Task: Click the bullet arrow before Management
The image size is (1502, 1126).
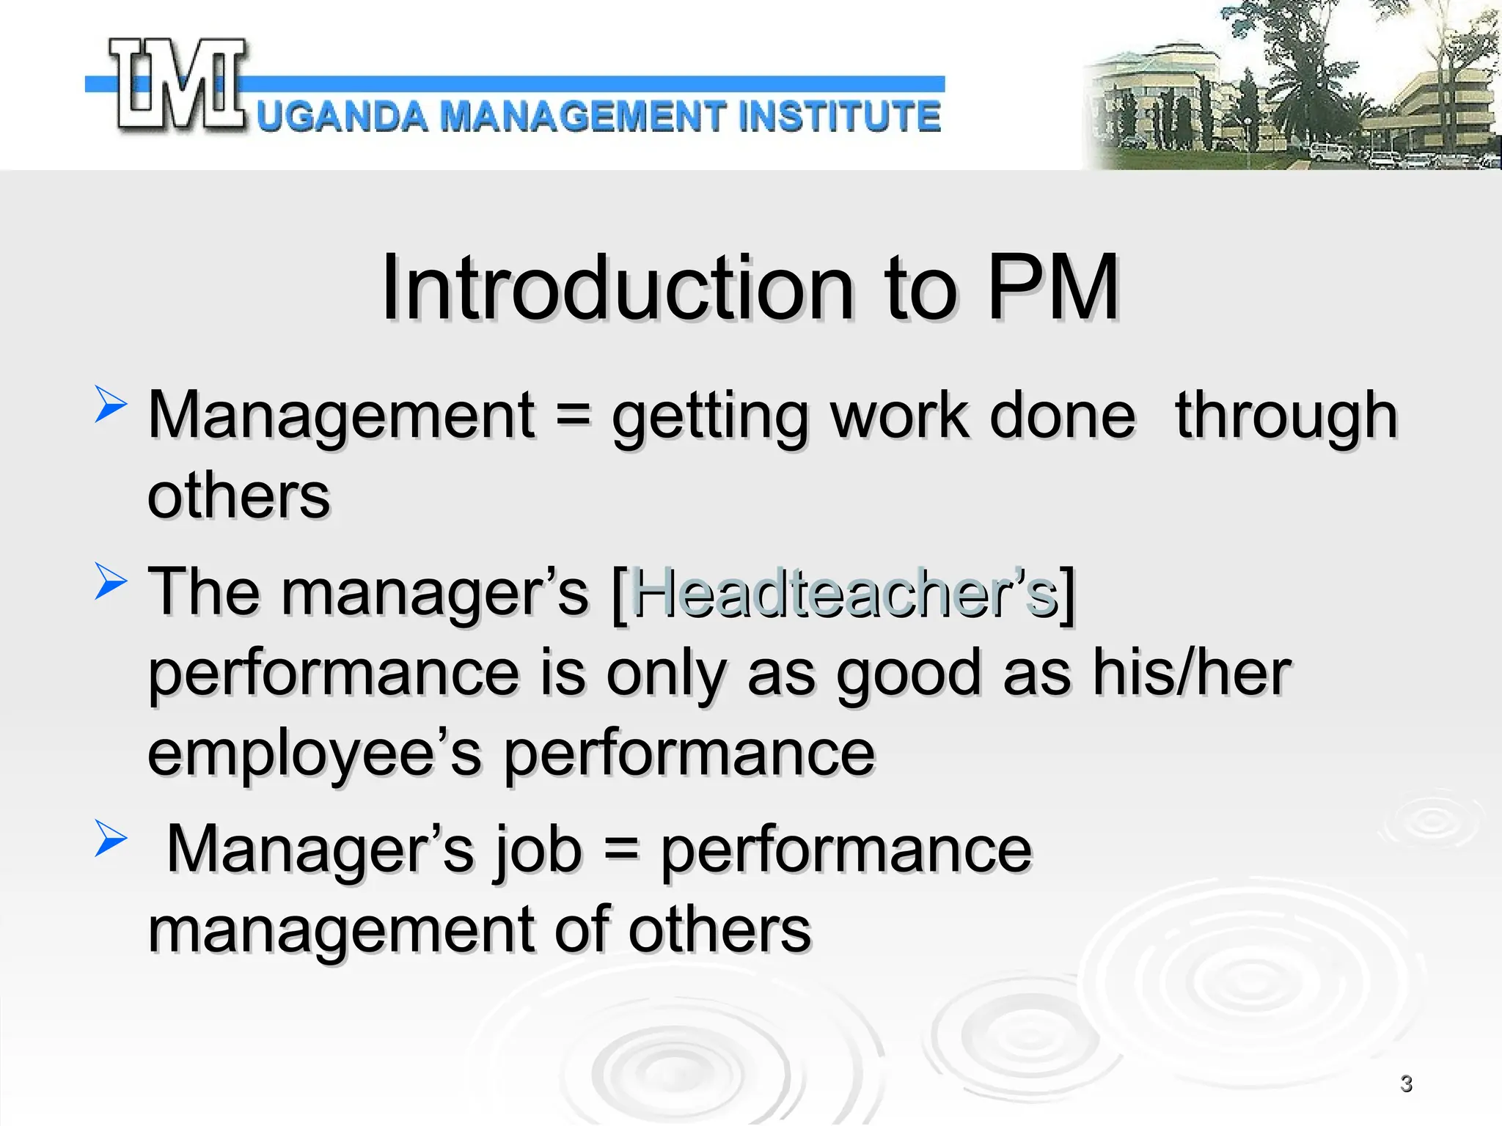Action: click(x=111, y=405)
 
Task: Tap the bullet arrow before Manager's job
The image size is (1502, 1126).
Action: click(x=111, y=839)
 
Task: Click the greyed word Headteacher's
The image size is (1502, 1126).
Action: click(x=843, y=592)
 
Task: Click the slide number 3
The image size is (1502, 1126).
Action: click(x=1406, y=1083)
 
